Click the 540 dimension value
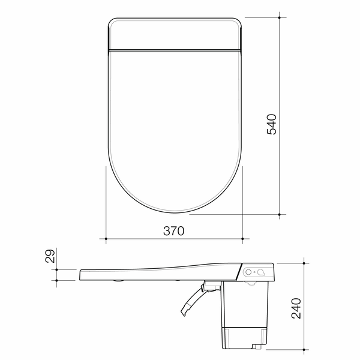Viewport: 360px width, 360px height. (271, 124)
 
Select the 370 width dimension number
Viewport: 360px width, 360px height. (174, 230)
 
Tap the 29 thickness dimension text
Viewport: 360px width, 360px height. (52, 257)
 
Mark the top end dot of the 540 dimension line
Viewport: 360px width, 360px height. (281, 17)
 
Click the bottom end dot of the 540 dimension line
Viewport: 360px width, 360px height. (281, 214)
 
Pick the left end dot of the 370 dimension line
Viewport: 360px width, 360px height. (106, 239)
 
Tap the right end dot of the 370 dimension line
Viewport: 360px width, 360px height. (242, 239)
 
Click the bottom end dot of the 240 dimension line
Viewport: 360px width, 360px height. (306, 347)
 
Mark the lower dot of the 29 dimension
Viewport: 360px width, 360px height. (56, 280)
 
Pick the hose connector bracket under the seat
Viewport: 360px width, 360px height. (210, 287)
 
